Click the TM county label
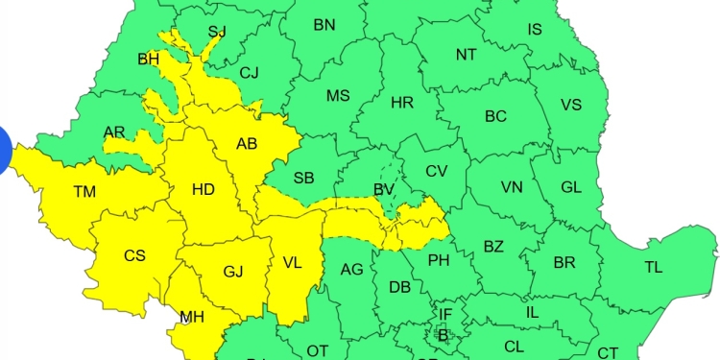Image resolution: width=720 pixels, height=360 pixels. point(84,192)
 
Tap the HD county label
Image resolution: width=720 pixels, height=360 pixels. point(204,189)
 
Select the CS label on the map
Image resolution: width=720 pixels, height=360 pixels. point(134,256)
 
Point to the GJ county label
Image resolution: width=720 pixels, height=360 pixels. point(232,272)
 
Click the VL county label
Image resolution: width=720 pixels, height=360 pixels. point(292,261)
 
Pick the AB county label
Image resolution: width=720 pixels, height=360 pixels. point(247,145)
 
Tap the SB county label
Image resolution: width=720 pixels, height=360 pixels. point(303,179)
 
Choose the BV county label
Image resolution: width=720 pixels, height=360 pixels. point(384,190)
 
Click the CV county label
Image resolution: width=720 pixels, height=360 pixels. point(437,172)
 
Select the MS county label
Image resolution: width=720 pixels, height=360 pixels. point(338,96)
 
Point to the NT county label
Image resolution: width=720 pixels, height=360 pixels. point(466,55)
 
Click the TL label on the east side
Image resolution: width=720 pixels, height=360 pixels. point(654,268)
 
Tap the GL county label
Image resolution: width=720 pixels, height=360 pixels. point(571,187)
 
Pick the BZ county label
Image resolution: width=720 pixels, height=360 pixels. point(493,247)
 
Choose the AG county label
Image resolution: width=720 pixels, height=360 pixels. point(352,270)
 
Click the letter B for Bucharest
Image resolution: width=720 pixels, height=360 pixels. point(443,335)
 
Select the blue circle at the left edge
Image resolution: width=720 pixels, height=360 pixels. point(3,153)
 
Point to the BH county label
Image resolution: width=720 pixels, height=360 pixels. point(149,60)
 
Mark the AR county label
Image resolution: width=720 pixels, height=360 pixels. point(114,132)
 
